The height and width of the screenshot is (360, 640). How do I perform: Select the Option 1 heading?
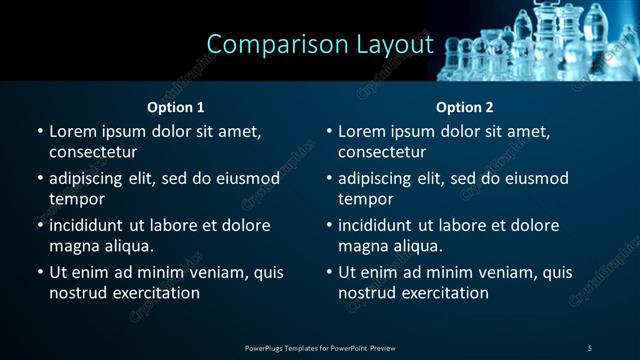coord(176,107)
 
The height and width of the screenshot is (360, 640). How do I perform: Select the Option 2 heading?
coord(465,107)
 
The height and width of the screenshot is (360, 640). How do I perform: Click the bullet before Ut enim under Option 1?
coord(39,272)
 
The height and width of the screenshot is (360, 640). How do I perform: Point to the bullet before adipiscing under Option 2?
coord(328,178)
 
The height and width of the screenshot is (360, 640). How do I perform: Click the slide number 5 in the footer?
coord(590,348)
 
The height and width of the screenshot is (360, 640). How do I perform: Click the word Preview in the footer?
coord(382,348)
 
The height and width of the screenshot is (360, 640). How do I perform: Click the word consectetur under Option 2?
coord(382,152)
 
